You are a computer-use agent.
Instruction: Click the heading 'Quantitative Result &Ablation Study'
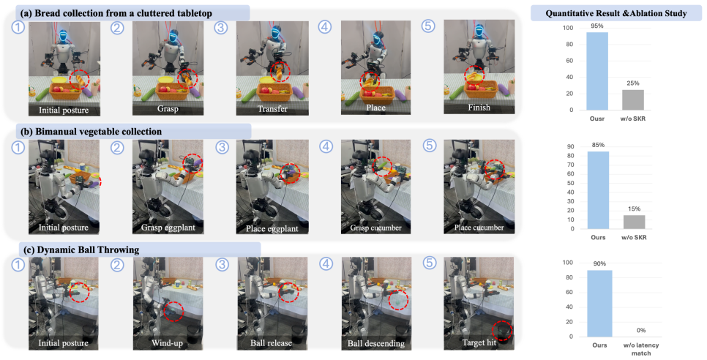point(616,13)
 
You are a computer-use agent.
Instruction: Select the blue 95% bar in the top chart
point(597,71)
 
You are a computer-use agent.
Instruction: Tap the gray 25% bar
point(633,100)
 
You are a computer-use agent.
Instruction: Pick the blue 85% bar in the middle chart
point(598,190)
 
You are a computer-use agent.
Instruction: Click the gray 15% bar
point(634,222)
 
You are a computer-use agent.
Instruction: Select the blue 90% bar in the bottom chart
point(599,303)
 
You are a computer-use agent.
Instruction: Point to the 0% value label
point(640,330)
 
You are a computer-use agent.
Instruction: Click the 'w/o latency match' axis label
point(640,349)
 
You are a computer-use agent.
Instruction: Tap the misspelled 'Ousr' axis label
point(597,119)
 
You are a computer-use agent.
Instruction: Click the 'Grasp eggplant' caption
point(168,228)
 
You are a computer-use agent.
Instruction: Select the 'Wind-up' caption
point(167,343)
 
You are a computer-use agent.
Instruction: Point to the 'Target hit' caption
point(479,343)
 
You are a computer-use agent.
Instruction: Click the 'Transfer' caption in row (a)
point(272,109)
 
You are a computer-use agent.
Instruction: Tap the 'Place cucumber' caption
point(479,228)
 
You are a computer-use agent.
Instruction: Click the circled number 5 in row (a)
point(428,26)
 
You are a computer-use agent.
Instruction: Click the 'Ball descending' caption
point(375,343)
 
